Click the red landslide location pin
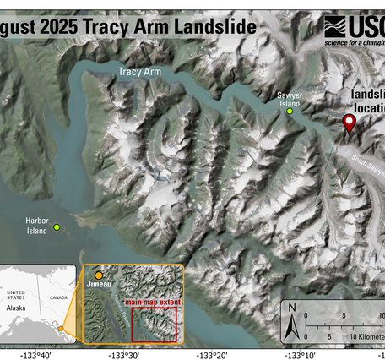click(349, 123)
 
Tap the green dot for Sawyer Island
click(290, 112)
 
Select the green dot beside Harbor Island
click(57, 227)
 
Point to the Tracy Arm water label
click(140, 73)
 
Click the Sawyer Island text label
click(290, 100)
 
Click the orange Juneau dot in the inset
click(99, 275)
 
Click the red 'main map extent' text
click(152, 302)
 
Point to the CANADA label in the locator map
click(58, 297)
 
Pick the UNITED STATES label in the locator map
click(16, 296)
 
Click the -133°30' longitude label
click(123, 355)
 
